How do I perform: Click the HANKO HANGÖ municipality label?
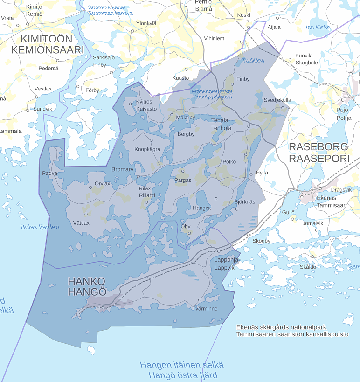[x=87, y=286]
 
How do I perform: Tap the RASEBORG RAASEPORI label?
[x=319, y=153]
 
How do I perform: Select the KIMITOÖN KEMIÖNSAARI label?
[x=47, y=44]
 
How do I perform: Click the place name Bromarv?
[x=122, y=169]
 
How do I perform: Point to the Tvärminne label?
[x=205, y=308]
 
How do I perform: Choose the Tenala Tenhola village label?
[x=221, y=124]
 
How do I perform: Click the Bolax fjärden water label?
[x=40, y=227]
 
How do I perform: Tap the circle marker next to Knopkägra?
[x=151, y=139]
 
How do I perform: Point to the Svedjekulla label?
[x=277, y=100]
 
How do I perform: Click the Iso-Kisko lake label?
[x=318, y=28]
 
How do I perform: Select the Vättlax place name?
[x=81, y=223]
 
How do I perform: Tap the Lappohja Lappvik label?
[x=226, y=264]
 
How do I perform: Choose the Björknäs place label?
[x=245, y=202]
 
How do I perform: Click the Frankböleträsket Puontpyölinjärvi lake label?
[x=212, y=94]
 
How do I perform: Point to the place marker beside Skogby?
[x=248, y=235]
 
